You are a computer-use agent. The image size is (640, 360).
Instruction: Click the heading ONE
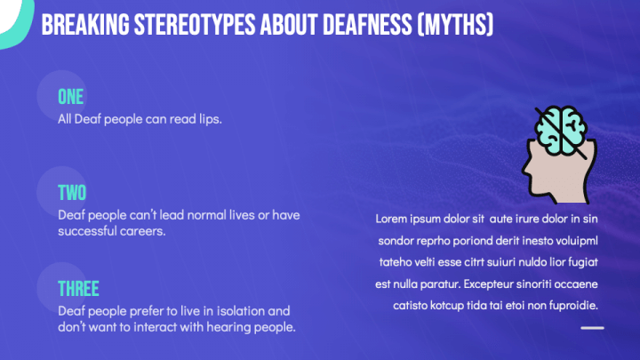coord(71,97)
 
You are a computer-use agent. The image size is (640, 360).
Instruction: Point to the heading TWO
coord(73,193)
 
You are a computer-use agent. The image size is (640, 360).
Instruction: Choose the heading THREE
coord(78,289)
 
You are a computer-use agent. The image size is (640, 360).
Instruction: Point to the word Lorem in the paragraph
coord(391,219)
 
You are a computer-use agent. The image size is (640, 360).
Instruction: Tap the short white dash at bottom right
coord(592,328)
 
